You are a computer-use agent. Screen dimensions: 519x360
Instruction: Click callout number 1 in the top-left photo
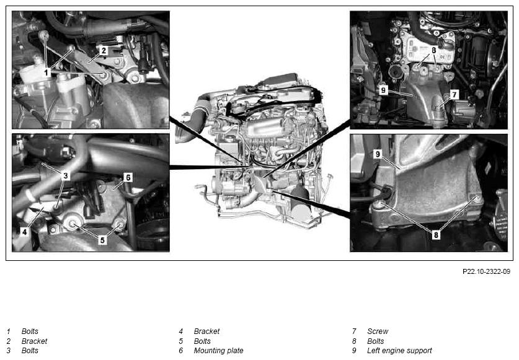click(47, 72)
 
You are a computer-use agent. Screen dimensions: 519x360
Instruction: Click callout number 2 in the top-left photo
click(104, 51)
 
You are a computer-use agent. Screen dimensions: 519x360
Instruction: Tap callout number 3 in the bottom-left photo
click(65, 175)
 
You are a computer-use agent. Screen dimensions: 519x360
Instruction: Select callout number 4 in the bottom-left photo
click(25, 232)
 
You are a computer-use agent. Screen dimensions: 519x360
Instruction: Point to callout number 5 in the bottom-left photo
click(102, 240)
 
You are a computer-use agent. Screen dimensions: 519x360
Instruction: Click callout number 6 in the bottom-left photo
click(128, 178)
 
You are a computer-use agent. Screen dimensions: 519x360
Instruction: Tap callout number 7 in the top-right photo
click(454, 95)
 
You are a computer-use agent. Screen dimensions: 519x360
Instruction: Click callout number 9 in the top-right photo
click(383, 90)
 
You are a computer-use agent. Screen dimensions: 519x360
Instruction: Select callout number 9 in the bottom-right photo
click(378, 154)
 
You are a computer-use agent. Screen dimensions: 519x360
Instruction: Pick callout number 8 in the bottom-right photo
click(436, 235)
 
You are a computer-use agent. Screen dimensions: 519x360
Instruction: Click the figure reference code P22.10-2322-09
click(486, 271)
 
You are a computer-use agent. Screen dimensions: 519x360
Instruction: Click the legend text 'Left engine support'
click(399, 351)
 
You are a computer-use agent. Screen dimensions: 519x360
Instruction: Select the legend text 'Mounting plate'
click(218, 351)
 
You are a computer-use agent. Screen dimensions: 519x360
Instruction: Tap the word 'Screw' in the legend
click(378, 331)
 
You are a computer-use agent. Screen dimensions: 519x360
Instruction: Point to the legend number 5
click(180, 341)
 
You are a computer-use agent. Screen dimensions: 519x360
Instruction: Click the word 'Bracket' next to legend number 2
click(35, 341)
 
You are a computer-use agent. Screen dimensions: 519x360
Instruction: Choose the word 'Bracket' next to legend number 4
click(207, 331)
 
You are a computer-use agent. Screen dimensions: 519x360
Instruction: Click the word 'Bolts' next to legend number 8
click(376, 341)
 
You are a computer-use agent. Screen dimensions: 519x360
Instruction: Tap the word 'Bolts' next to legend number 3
click(30, 351)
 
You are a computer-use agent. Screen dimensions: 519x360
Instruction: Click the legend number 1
click(9, 331)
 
